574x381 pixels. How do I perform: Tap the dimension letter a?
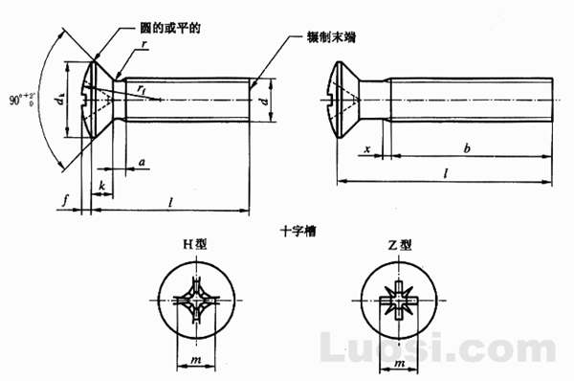(141, 163)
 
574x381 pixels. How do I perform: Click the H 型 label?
(194, 245)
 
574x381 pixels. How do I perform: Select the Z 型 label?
(400, 245)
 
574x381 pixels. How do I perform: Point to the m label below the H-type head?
(194, 359)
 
